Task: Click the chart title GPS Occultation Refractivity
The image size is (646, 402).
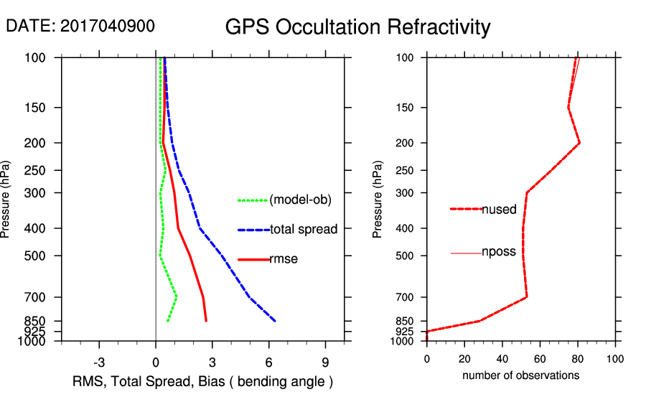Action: pos(357,27)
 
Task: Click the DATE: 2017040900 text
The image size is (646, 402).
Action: pos(80,26)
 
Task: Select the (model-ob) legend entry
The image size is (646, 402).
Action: pos(300,200)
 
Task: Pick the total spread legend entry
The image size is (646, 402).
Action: pos(304,230)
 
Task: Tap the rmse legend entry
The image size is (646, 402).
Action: pos(284,259)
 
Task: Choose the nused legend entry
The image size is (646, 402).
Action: pos(499,210)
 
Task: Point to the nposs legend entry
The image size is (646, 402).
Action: pos(498,252)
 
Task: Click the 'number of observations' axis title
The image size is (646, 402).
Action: pos(520,375)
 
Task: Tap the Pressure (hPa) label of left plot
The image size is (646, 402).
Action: pos(6,199)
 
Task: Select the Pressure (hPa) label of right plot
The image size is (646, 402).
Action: pos(378,199)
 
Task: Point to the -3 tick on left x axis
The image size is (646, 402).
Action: pos(100,363)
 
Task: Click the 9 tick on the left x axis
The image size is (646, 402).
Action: pos(325,363)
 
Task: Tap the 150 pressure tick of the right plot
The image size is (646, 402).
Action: pos(410,108)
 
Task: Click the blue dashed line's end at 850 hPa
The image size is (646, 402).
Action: pos(275,321)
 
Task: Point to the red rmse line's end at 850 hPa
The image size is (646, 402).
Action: pos(206,321)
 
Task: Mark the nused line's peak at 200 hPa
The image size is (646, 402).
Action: pos(579,143)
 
